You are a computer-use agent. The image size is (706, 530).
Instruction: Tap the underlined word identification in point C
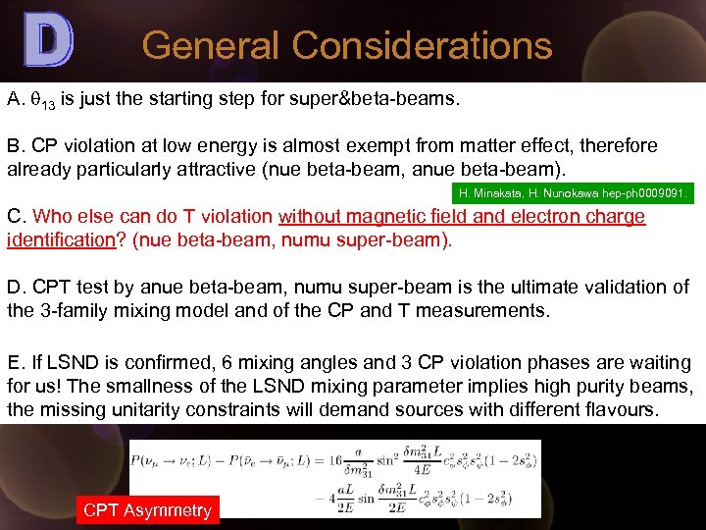[x=58, y=240]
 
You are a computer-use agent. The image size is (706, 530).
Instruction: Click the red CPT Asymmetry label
[x=147, y=509]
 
